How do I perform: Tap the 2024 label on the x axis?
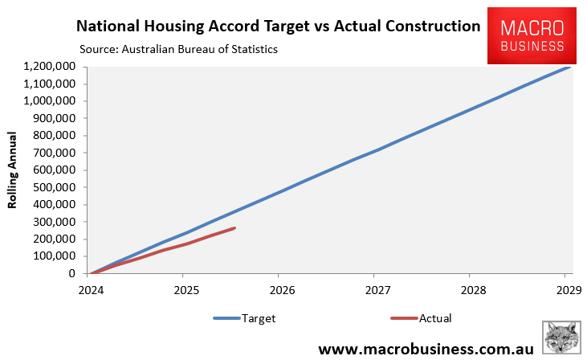coord(90,289)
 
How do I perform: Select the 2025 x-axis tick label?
coord(185,289)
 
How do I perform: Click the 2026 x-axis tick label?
coord(281,289)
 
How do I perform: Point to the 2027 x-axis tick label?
coord(377,289)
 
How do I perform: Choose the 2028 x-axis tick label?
coord(472,289)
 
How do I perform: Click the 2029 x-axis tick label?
coord(568,289)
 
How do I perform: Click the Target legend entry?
coord(245,318)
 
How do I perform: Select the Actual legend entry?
coord(421,318)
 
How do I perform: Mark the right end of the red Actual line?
coord(234,228)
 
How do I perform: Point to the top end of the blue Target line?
coord(569,67)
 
